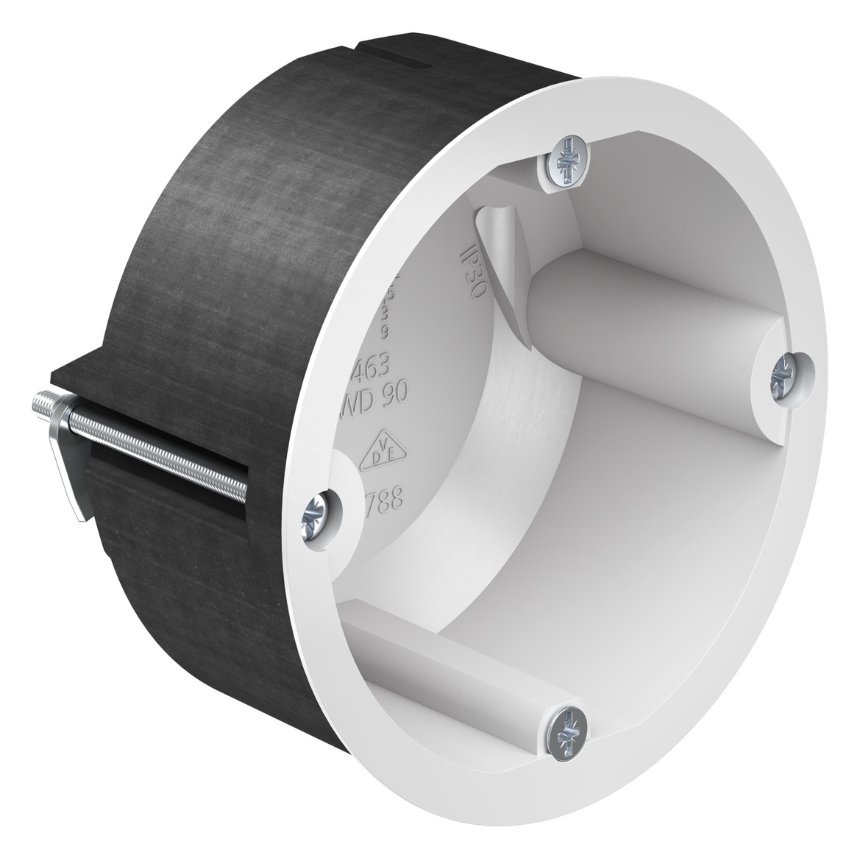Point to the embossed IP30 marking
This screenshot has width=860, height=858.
(x=472, y=273)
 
